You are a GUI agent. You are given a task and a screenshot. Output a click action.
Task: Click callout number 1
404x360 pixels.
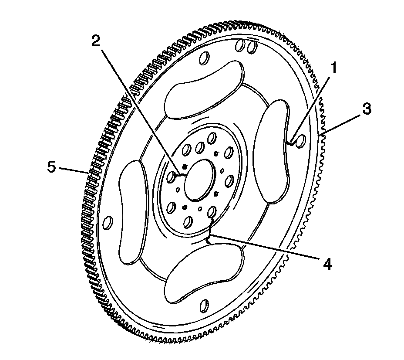click(x=333, y=68)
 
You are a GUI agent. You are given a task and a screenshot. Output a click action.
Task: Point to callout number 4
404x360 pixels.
click(x=327, y=263)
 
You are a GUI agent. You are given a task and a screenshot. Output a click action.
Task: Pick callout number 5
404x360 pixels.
click(x=52, y=167)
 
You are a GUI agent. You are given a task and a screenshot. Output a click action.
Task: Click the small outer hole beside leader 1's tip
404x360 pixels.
click(x=300, y=140)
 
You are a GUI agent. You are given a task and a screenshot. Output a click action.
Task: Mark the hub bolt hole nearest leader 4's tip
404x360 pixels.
click(x=212, y=213)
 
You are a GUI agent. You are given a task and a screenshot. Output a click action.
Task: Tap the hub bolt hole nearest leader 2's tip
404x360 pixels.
click(x=172, y=177)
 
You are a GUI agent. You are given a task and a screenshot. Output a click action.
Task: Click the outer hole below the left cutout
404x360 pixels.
click(x=109, y=223)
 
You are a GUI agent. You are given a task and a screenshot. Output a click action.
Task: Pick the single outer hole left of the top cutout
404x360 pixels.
click(x=203, y=59)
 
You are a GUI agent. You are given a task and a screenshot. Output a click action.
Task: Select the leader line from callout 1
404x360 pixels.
click(x=311, y=106)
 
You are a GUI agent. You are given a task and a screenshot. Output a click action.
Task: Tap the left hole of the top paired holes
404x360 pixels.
click(x=239, y=45)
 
